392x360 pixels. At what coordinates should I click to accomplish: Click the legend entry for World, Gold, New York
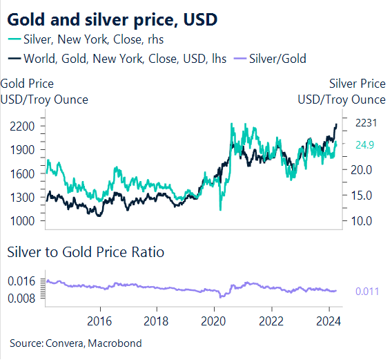[115, 59]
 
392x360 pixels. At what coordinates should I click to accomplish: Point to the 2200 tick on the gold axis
[23, 126]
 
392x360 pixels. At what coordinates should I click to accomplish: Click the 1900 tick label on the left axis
[23, 150]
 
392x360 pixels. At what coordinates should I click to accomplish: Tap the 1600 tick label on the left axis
[23, 173]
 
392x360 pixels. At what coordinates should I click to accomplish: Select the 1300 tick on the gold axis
[23, 197]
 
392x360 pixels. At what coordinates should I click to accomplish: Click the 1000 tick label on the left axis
[23, 220]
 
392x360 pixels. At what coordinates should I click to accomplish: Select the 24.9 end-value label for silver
[365, 145]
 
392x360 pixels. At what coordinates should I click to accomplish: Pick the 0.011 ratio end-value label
[367, 292]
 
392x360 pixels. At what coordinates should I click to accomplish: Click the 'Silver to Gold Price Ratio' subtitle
[86, 252]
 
